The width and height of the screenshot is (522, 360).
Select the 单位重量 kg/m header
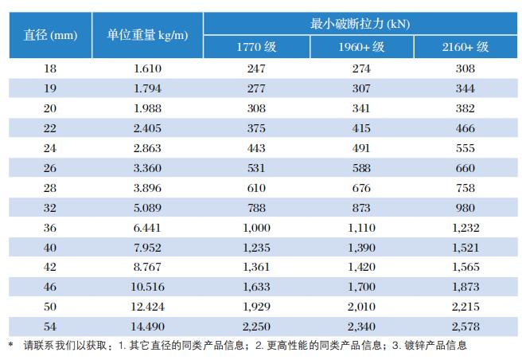coord(148,35)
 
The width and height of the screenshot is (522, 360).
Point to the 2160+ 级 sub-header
coord(465,47)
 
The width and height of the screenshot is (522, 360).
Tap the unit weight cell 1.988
coord(148,108)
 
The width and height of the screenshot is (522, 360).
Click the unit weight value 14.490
coord(148,326)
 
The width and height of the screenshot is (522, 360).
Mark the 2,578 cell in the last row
coord(465,326)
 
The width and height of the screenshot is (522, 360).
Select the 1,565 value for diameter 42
coord(465,267)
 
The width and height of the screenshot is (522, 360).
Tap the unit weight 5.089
coord(148,207)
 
